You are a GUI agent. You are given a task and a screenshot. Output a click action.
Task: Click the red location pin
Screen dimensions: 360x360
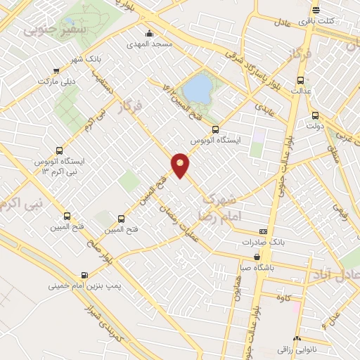pyautogui.click(x=180, y=165)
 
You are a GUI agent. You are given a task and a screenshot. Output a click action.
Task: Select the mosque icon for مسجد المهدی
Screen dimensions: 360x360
pyautogui.click(x=148, y=33)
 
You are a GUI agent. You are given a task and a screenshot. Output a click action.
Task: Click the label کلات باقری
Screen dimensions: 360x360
pyautogui.click(x=335, y=21)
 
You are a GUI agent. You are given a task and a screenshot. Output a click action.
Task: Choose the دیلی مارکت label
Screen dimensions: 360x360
pyautogui.click(x=56, y=82)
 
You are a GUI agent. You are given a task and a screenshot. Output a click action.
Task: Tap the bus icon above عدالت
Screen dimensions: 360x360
pyautogui.click(x=300, y=79)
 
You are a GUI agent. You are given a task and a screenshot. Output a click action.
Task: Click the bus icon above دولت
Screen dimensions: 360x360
pyautogui.click(x=314, y=115)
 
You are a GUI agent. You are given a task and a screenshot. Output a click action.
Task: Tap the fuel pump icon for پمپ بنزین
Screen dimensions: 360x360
pyautogui.click(x=85, y=275)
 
